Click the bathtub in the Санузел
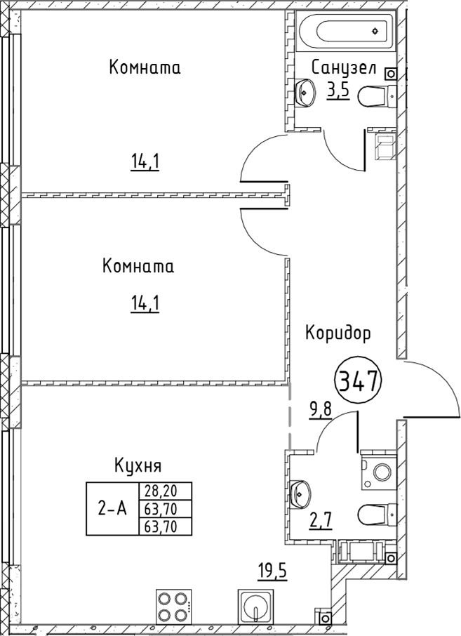[x=345, y=32]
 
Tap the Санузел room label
[x=345, y=68]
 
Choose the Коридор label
[x=338, y=333]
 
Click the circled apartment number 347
[x=359, y=382]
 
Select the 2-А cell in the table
[x=112, y=509]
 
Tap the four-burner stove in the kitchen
[x=173, y=606]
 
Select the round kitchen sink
[x=256, y=606]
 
